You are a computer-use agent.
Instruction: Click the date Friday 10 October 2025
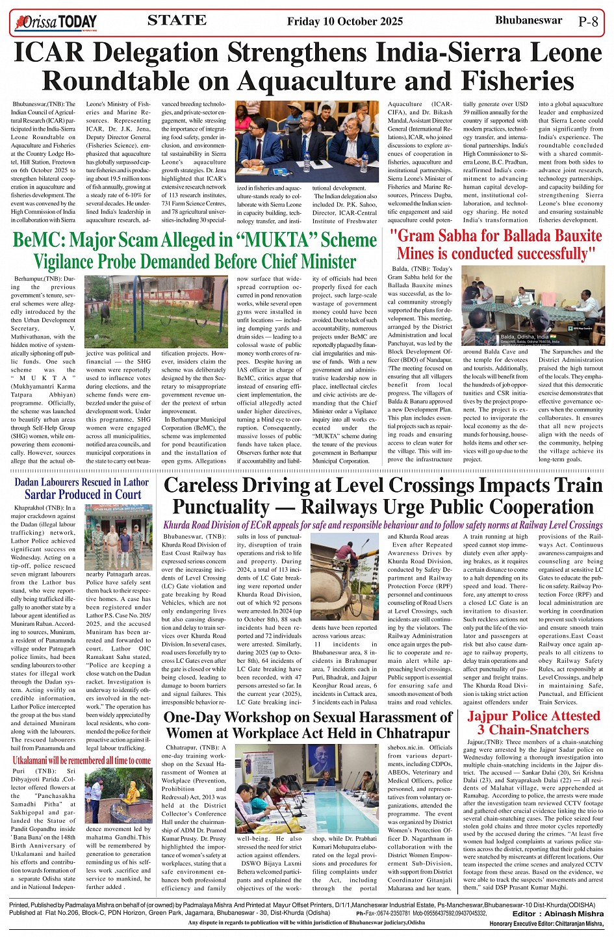[x=345, y=21]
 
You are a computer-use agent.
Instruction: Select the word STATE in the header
[x=177, y=20]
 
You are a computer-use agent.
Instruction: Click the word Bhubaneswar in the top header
[x=528, y=20]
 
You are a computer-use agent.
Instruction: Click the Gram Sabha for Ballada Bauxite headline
[x=496, y=244]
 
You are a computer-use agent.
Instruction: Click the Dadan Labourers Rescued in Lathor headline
[x=82, y=488]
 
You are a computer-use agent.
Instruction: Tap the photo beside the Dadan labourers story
[x=119, y=537]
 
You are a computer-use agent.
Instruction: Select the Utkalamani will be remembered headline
[x=82, y=760]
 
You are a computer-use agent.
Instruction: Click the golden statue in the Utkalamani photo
[x=133, y=791]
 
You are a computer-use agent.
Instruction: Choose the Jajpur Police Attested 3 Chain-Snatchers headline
[x=533, y=723]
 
